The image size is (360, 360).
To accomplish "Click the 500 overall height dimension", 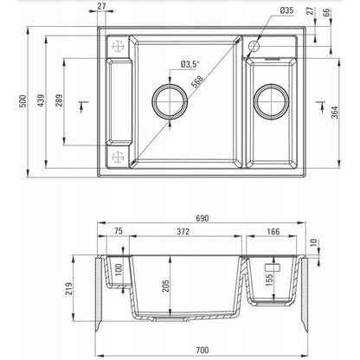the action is [23, 101].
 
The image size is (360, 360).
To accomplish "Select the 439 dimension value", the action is [42, 100].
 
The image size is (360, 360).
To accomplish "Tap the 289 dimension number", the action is [59, 100].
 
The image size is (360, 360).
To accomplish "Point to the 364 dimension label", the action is [335, 112].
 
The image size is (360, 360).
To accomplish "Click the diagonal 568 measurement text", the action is [197, 81].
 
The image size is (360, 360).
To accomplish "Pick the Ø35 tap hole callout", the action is [286, 10].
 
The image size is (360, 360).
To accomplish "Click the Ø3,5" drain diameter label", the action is [190, 64].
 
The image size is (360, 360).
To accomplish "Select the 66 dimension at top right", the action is [326, 12].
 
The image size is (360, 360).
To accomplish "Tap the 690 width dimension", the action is [202, 218].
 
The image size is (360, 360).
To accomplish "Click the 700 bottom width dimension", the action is [202, 350].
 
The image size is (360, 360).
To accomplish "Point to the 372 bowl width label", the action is [183, 231].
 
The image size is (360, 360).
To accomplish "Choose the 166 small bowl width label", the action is [273, 231].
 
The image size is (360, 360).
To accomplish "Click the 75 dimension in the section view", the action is [119, 231].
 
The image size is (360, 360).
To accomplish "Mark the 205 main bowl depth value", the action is [165, 286].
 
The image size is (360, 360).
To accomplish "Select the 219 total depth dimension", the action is [68, 289].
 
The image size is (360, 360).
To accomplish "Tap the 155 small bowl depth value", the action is [269, 280].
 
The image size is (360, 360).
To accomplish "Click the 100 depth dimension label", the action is [119, 270].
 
